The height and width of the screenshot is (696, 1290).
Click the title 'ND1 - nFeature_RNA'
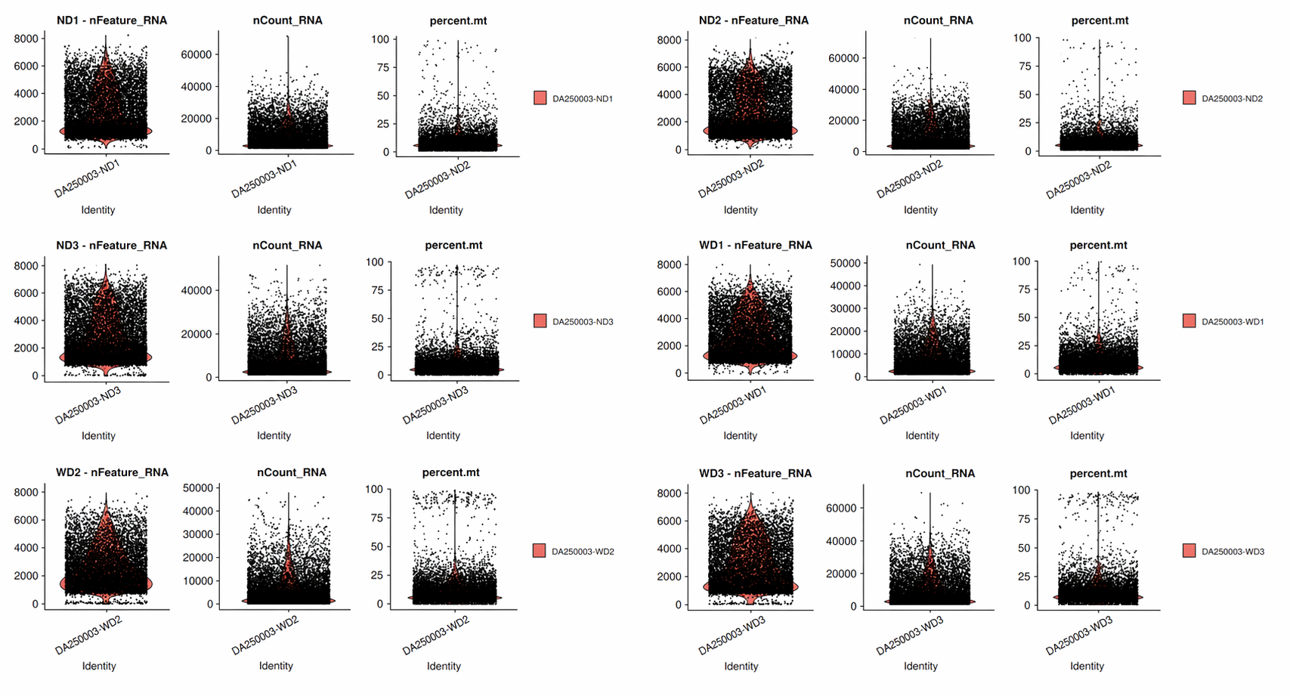point(112,20)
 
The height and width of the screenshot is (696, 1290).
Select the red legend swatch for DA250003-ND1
point(540,97)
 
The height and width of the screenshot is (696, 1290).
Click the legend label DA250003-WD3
point(1233,552)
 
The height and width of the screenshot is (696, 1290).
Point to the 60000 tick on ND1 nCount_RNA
point(196,54)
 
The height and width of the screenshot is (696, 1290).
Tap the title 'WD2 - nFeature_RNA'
point(112,472)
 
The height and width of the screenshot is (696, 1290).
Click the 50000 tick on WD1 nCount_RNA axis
point(845,263)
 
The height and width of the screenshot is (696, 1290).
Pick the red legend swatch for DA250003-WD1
point(1189,321)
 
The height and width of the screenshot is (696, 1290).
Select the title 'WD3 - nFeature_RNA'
point(755,473)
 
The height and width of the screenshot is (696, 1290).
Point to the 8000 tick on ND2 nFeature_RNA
point(669,40)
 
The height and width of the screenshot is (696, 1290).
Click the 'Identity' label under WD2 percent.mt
point(444,666)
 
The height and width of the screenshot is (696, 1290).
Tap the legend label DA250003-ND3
point(583,322)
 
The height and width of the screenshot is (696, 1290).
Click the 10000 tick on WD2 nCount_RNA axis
point(198,581)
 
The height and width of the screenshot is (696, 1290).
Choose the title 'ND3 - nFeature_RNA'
point(112,245)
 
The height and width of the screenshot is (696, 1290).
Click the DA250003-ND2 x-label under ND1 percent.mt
point(438,181)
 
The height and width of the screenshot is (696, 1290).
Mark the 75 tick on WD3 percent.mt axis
point(1023,519)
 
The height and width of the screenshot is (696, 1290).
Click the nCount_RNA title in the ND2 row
point(938,20)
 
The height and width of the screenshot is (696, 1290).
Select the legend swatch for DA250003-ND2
point(1189,97)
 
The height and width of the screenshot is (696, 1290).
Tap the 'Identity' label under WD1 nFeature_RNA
point(740,435)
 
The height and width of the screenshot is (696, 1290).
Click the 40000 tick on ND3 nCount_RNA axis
point(196,290)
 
